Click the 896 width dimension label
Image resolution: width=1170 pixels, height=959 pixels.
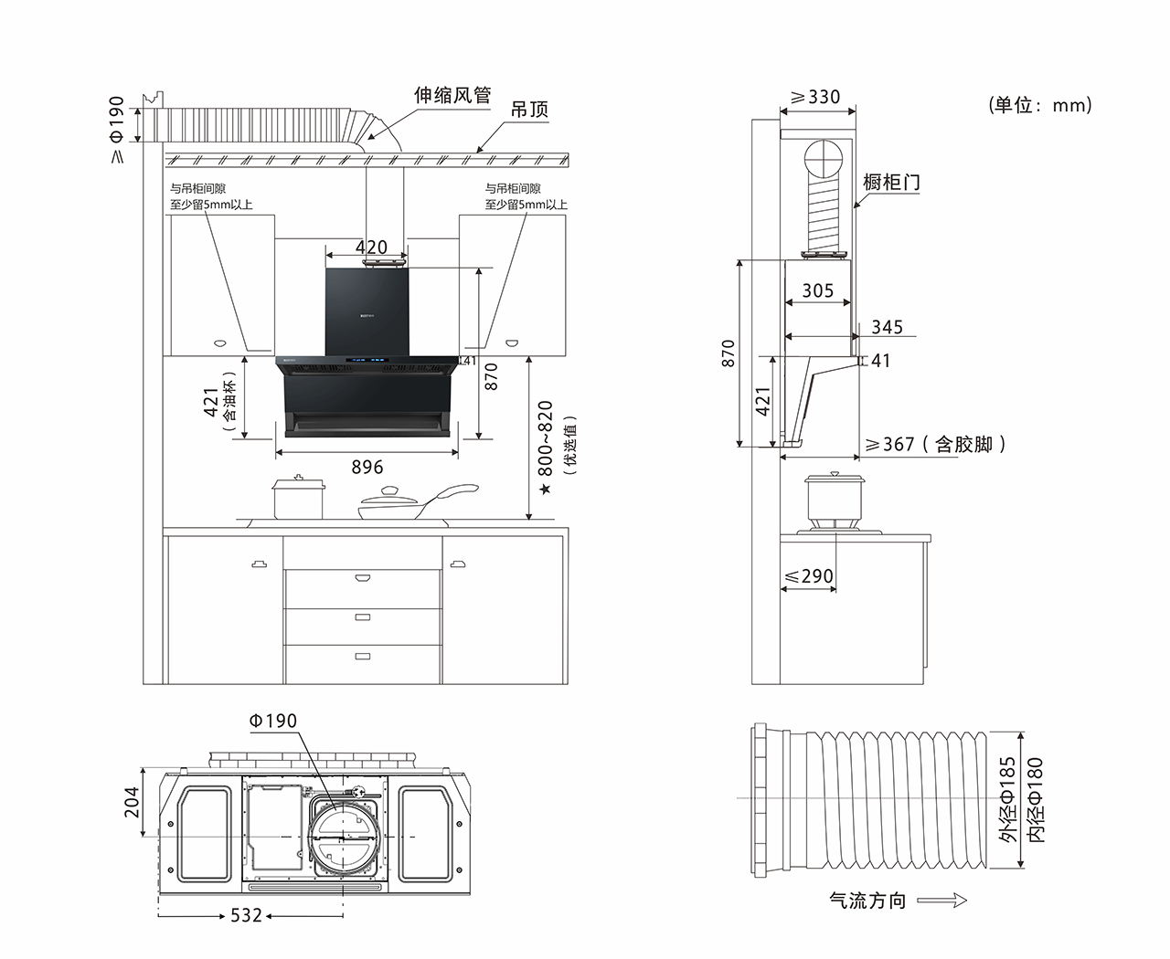point(367,467)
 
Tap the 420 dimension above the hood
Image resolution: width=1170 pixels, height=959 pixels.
point(371,248)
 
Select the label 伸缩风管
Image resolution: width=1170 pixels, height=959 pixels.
point(452,95)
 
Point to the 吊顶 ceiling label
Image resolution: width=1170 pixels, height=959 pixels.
point(529,111)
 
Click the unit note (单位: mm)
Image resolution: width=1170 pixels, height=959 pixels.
point(1040,105)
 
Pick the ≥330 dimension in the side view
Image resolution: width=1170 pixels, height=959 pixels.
point(815,97)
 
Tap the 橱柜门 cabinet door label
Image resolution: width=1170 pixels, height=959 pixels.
point(891,182)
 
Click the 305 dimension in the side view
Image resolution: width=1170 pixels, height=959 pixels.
point(817,290)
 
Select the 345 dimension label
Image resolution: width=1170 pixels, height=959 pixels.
point(887,327)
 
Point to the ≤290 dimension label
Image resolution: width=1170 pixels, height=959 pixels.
point(809,576)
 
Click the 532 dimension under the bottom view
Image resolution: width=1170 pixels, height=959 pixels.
point(246,915)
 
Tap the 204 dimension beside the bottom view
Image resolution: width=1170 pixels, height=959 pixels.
point(132,802)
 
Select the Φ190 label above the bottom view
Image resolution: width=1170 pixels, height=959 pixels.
point(272,722)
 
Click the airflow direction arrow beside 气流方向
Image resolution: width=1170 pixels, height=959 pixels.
point(941,901)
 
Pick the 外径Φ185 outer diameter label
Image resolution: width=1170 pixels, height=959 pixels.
point(1007,799)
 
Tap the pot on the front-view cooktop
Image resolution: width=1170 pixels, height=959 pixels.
point(298,498)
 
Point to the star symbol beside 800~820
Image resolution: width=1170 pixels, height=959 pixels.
point(545,490)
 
